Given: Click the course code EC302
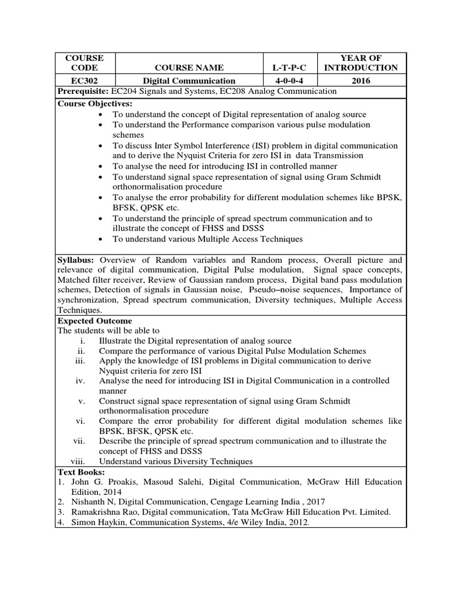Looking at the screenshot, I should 84,80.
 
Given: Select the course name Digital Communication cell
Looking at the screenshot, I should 188,80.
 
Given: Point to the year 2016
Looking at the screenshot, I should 361,80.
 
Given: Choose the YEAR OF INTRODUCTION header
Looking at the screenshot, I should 361,63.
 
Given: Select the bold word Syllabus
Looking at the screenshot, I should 76,261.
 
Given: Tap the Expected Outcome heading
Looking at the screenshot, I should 94,321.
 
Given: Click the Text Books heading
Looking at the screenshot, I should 81,472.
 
